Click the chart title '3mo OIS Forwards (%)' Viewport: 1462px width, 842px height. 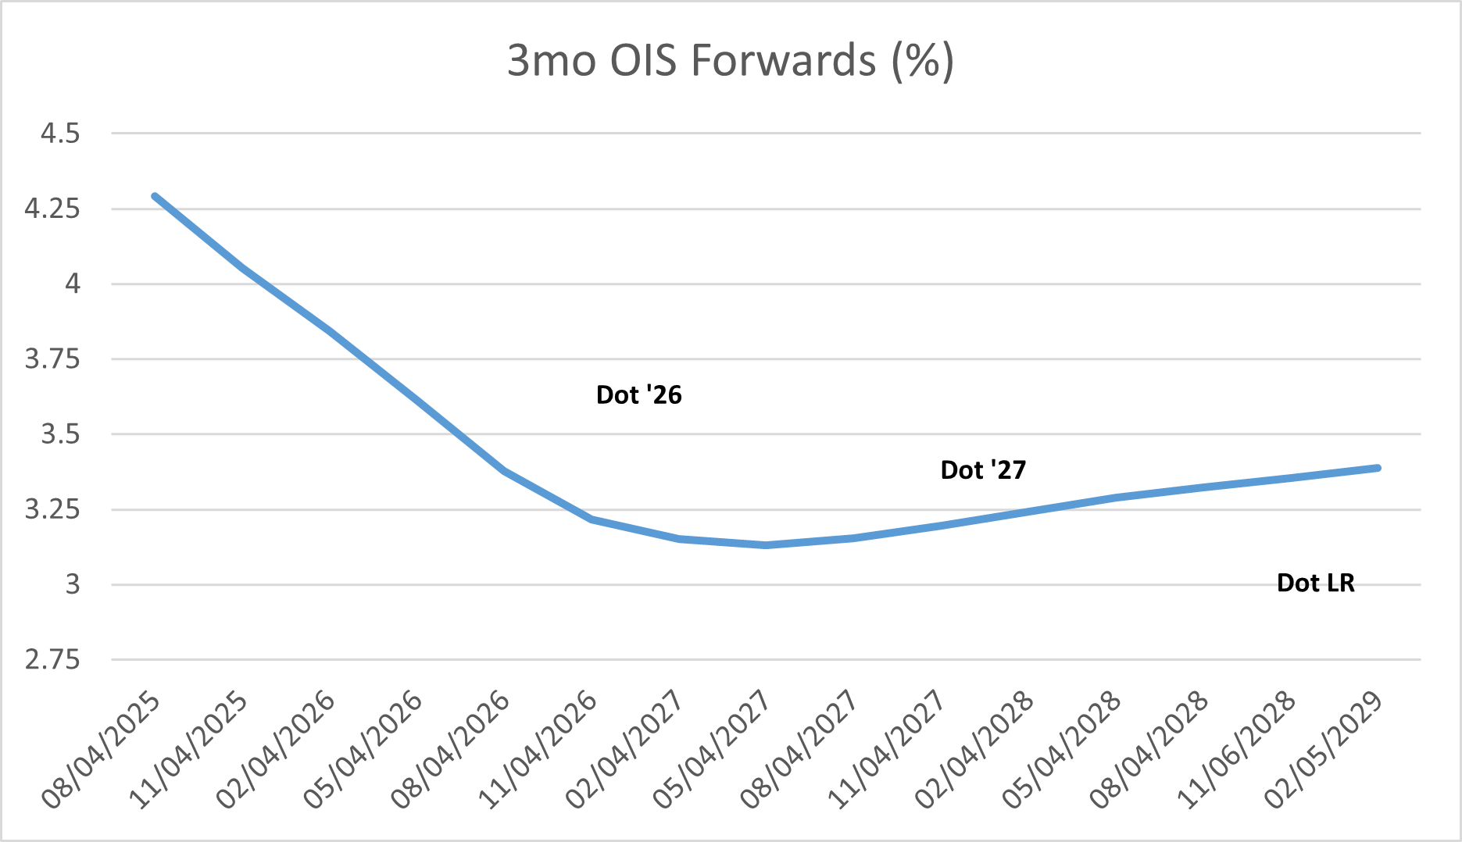(x=731, y=61)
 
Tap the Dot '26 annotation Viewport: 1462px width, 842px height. (x=639, y=395)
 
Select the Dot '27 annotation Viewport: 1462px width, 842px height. (x=983, y=470)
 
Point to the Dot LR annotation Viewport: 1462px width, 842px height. (x=1316, y=583)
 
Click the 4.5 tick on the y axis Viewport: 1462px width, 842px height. (x=60, y=134)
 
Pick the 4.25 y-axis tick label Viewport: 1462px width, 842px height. (x=52, y=209)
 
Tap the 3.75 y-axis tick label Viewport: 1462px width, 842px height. (x=52, y=359)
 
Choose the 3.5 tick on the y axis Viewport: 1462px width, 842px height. (x=60, y=434)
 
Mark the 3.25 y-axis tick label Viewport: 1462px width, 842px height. (x=52, y=509)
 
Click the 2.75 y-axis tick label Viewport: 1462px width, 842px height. (x=52, y=660)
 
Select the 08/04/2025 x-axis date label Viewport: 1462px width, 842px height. (x=102, y=750)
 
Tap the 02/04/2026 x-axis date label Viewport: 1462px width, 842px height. (x=276, y=750)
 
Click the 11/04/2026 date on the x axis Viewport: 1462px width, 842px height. (x=538, y=750)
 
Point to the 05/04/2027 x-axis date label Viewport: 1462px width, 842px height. (x=713, y=750)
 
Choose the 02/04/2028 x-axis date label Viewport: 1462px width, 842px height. (x=975, y=750)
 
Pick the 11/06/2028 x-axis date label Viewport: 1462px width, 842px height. (x=1237, y=750)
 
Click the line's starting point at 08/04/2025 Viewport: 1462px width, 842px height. (x=155, y=196)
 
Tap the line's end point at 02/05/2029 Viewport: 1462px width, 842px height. (x=1378, y=468)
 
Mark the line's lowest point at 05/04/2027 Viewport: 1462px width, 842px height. (x=767, y=545)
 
